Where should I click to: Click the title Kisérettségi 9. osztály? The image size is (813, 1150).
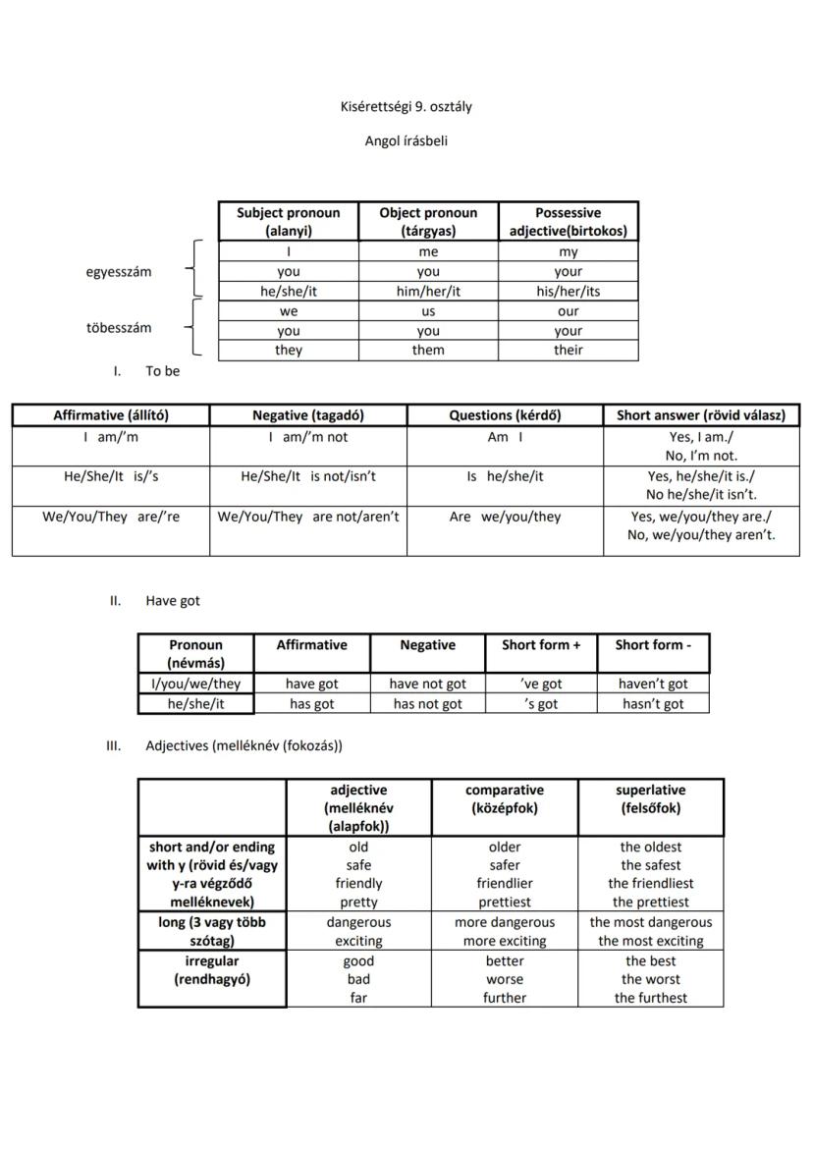click(406, 107)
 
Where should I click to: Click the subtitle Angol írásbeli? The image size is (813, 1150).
click(406, 141)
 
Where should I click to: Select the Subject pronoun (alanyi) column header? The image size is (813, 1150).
click(288, 222)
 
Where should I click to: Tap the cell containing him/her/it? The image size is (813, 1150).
click(428, 292)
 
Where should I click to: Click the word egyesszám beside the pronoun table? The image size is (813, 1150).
click(119, 272)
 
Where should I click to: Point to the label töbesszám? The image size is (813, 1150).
click(119, 328)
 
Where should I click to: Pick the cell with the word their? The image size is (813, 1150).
click(568, 350)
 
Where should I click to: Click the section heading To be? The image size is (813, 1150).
click(162, 371)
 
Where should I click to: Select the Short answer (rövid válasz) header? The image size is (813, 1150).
click(700, 415)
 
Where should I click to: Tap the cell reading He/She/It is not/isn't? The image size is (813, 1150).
click(308, 476)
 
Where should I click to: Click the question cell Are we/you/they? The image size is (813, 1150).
click(505, 517)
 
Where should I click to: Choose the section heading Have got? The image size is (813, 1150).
click(172, 600)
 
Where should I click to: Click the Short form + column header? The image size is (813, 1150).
click(541, 645)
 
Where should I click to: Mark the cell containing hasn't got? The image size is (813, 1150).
click(653, 704)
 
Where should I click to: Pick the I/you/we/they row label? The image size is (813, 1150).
click(195, 684)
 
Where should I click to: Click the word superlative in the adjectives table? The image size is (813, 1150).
click(650, 790)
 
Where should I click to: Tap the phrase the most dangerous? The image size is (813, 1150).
click(650, 922)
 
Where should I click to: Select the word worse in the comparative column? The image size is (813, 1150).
click(505, 979)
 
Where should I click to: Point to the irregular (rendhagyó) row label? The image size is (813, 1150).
click(212, 970)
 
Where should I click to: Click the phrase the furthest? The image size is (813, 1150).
click(650, 998)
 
